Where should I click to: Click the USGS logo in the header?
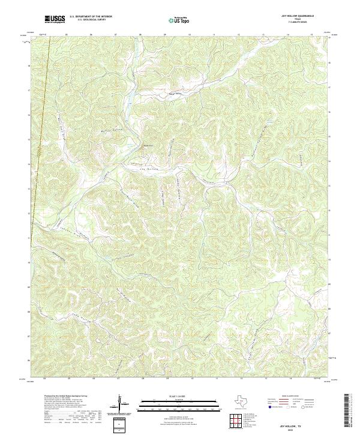(55, 19)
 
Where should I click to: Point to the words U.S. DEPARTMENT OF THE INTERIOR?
(91, 17)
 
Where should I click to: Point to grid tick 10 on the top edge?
(190, 35)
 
